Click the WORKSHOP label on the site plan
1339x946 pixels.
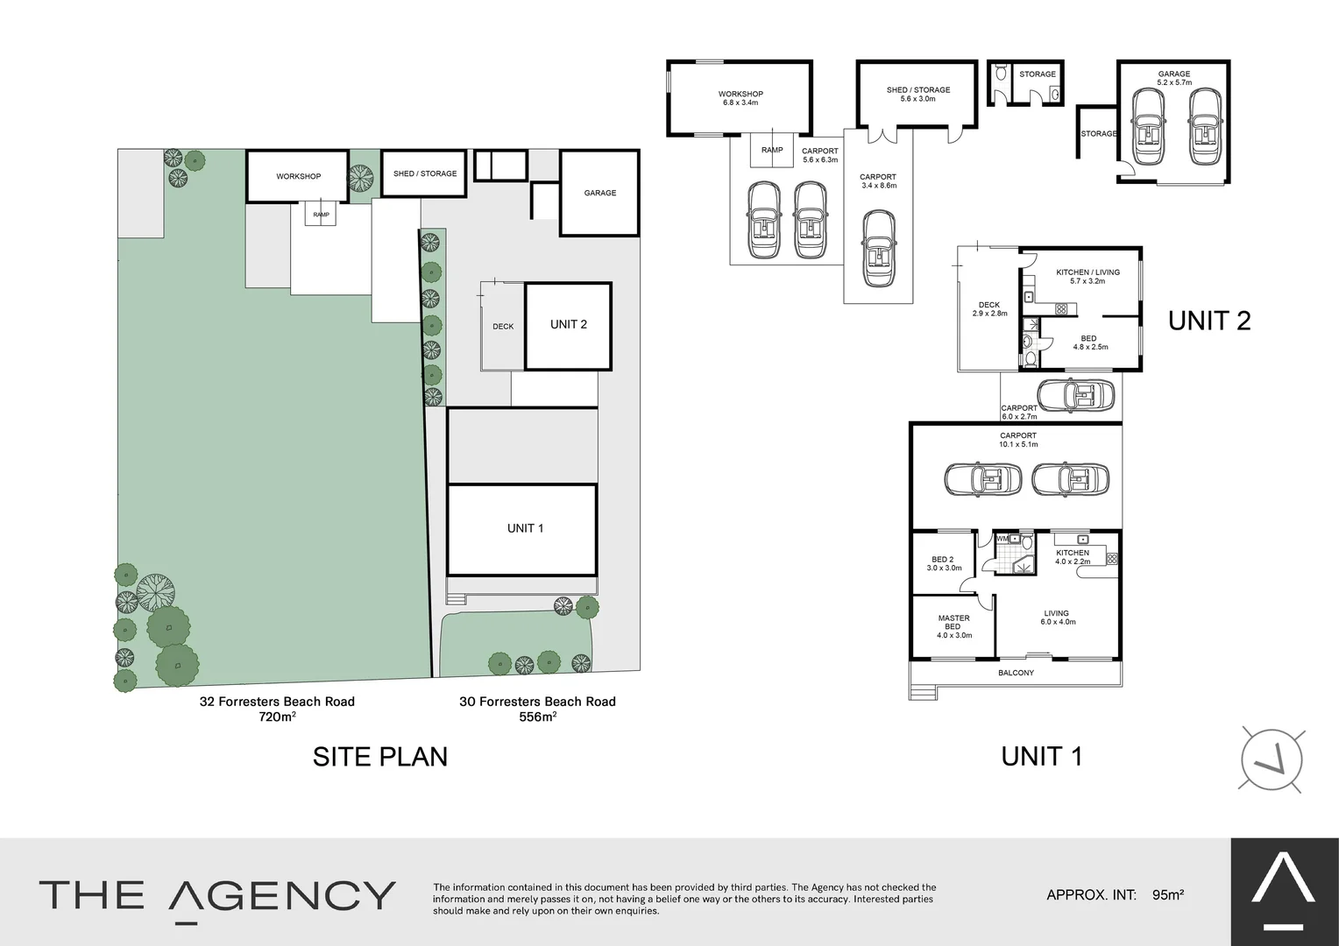[x=298, y=177]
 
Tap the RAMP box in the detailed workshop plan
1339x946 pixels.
[x=772, y=150]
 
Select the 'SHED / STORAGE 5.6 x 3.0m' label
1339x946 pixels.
[x=917, y=94]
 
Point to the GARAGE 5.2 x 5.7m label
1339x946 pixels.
[x=1173, y=78]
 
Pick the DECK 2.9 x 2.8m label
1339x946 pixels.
[x=989, y=309]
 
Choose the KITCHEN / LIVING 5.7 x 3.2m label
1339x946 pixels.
[x=1087, y=277]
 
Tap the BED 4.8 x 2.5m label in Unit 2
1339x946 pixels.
[x=1089, y=342]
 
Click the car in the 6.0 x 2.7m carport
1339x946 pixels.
[x=1075, y=395]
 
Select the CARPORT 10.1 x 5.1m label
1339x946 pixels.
[x=1017, y=440]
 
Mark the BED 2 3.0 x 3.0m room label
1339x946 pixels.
[x=944, y=563]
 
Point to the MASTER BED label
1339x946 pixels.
[x=953, y=626]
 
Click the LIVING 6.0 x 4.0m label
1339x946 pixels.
[x=1057, y=618]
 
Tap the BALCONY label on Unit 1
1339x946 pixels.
[x=1016, y=673]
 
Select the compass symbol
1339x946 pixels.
[x=1272, y=759]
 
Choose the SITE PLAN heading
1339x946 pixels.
[x=380, y=757]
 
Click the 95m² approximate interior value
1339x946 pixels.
[x=1168, y=895]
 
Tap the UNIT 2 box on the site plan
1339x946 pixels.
[x=568, y=325]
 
